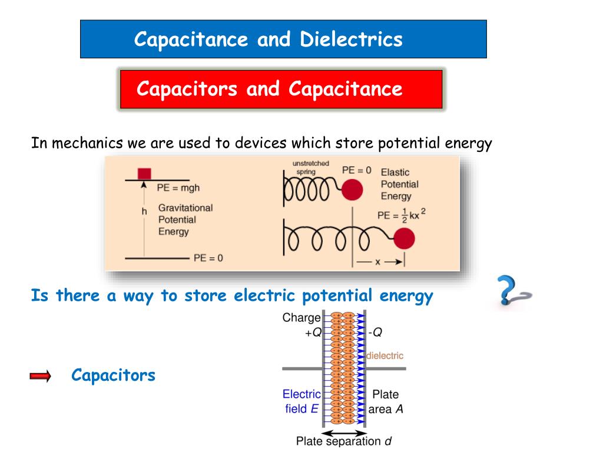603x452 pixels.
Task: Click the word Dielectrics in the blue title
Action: pyautogui.click(x=352, y=39)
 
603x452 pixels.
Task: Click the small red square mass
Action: pyautogui.click(x=144, y=173)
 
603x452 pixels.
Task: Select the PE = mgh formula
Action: pyautogui.click(x=178, y=188)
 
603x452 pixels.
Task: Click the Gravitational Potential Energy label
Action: pyautogui.click(x=185, y=220)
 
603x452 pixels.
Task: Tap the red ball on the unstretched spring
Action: pyautogui.click(x=353, y=190)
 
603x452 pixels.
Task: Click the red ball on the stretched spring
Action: pyautogui.click(x=404, y=239)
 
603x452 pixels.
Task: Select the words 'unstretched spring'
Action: pyautogui.click(x=310, y=167)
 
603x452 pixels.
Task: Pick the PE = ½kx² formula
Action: pyautogui.click(x=400, y=215)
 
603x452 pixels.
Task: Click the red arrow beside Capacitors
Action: pyautogui.click(x=41, y=376)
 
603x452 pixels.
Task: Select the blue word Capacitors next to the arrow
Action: pyautogui.click(x=113, y=375)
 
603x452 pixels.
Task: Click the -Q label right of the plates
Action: pyautogui.click(x=375, y=332)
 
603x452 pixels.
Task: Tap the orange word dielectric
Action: pyautogui.click(x=385, y=356)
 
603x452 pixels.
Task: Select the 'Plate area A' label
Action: pyautogui.click(x=386, y=401)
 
